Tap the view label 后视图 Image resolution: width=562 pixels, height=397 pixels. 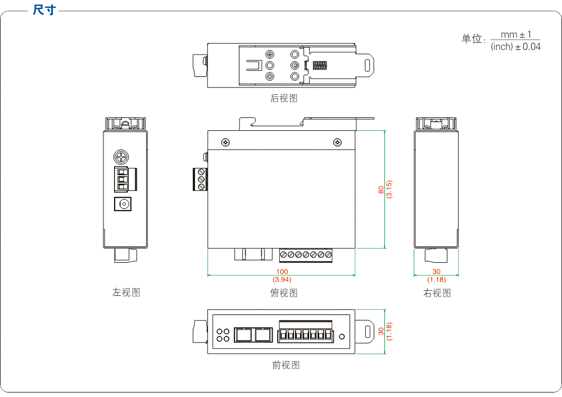[284, 98]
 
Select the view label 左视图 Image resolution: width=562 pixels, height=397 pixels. [126, 293]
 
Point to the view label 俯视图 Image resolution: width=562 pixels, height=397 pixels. [284, 293]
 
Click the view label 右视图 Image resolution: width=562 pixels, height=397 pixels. [437, 293]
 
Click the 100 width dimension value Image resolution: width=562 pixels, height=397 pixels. [282, 272]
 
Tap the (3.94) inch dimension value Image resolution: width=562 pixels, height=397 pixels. [282, 279]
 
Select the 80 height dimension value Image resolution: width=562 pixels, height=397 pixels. [380, 190]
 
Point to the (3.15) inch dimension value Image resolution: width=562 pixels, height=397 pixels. [389, 190]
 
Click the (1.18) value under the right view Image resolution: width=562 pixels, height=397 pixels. [437, 279]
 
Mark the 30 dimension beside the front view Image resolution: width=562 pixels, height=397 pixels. [380, 331]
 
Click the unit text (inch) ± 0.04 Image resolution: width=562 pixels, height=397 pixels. [515, 47]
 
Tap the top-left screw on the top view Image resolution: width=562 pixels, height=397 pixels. [225, 142]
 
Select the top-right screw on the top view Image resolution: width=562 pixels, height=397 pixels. [337, 142]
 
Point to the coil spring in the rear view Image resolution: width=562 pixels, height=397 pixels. [320, 65]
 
